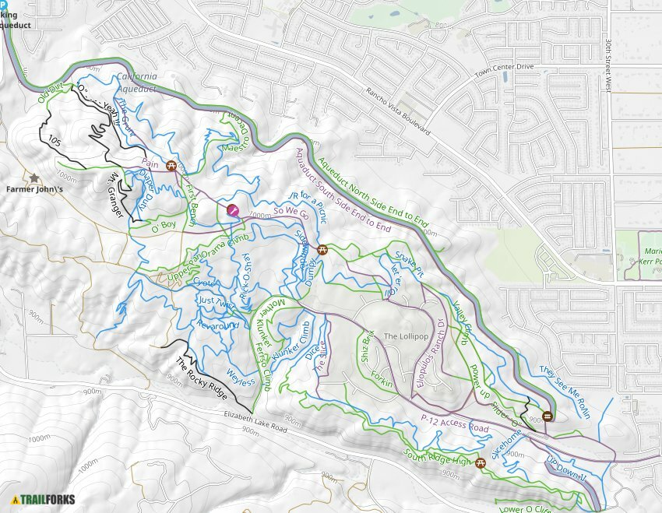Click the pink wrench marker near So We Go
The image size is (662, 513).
232,209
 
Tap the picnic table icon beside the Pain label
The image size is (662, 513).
171,165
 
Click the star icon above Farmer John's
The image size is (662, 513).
34,178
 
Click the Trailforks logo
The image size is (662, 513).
44,499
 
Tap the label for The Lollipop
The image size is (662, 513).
406,336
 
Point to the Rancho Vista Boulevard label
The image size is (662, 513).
398,110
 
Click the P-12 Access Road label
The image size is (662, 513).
454,423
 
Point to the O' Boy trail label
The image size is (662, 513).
164,227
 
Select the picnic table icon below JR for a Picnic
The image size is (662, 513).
322,251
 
